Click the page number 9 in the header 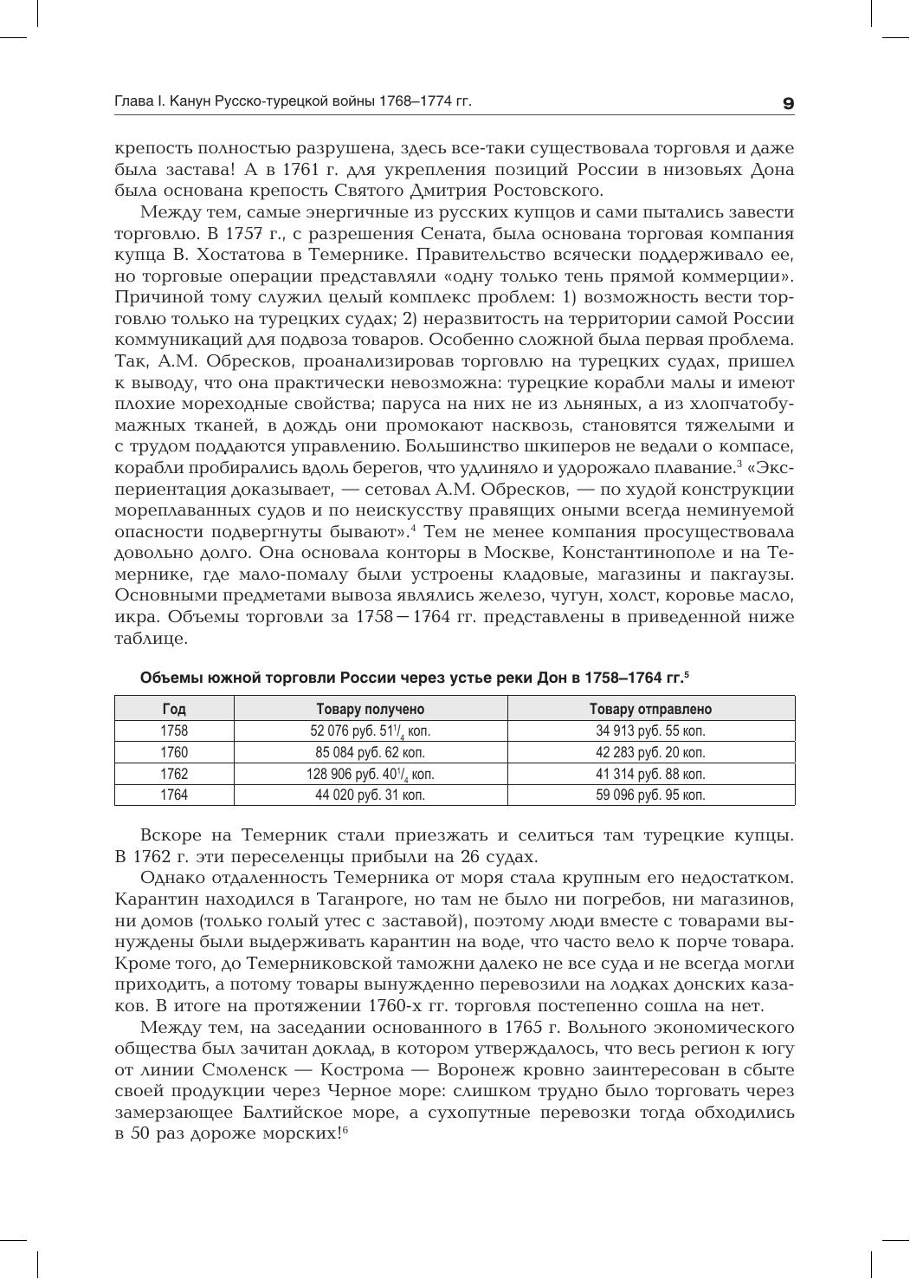pyautogui.click(x=787, y=103)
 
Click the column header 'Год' pyautogui.click(x=174, y=709)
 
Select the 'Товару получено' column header pyautogui.click(x=371, y=709)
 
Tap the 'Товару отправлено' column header pyautogui.click(x=650, y=709)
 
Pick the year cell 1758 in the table pyautogui.click(x=174, y=730)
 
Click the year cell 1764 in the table pyautogui.click(x=174, y=795)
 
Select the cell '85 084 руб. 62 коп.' pyautogui.click(x=371, y=752)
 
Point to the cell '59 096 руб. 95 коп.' pyautogui.click(x=650, y=795)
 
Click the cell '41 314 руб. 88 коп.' pyautogui.click(x=650, y=774)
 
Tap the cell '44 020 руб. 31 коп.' pyautogui.click(x=371, y=795)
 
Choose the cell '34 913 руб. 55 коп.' pyautogui.click(x=650, y=730)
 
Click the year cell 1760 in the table pyautogui.click(x=174, y=752)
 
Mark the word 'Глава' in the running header pyautogui.click(x=132, y=102)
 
